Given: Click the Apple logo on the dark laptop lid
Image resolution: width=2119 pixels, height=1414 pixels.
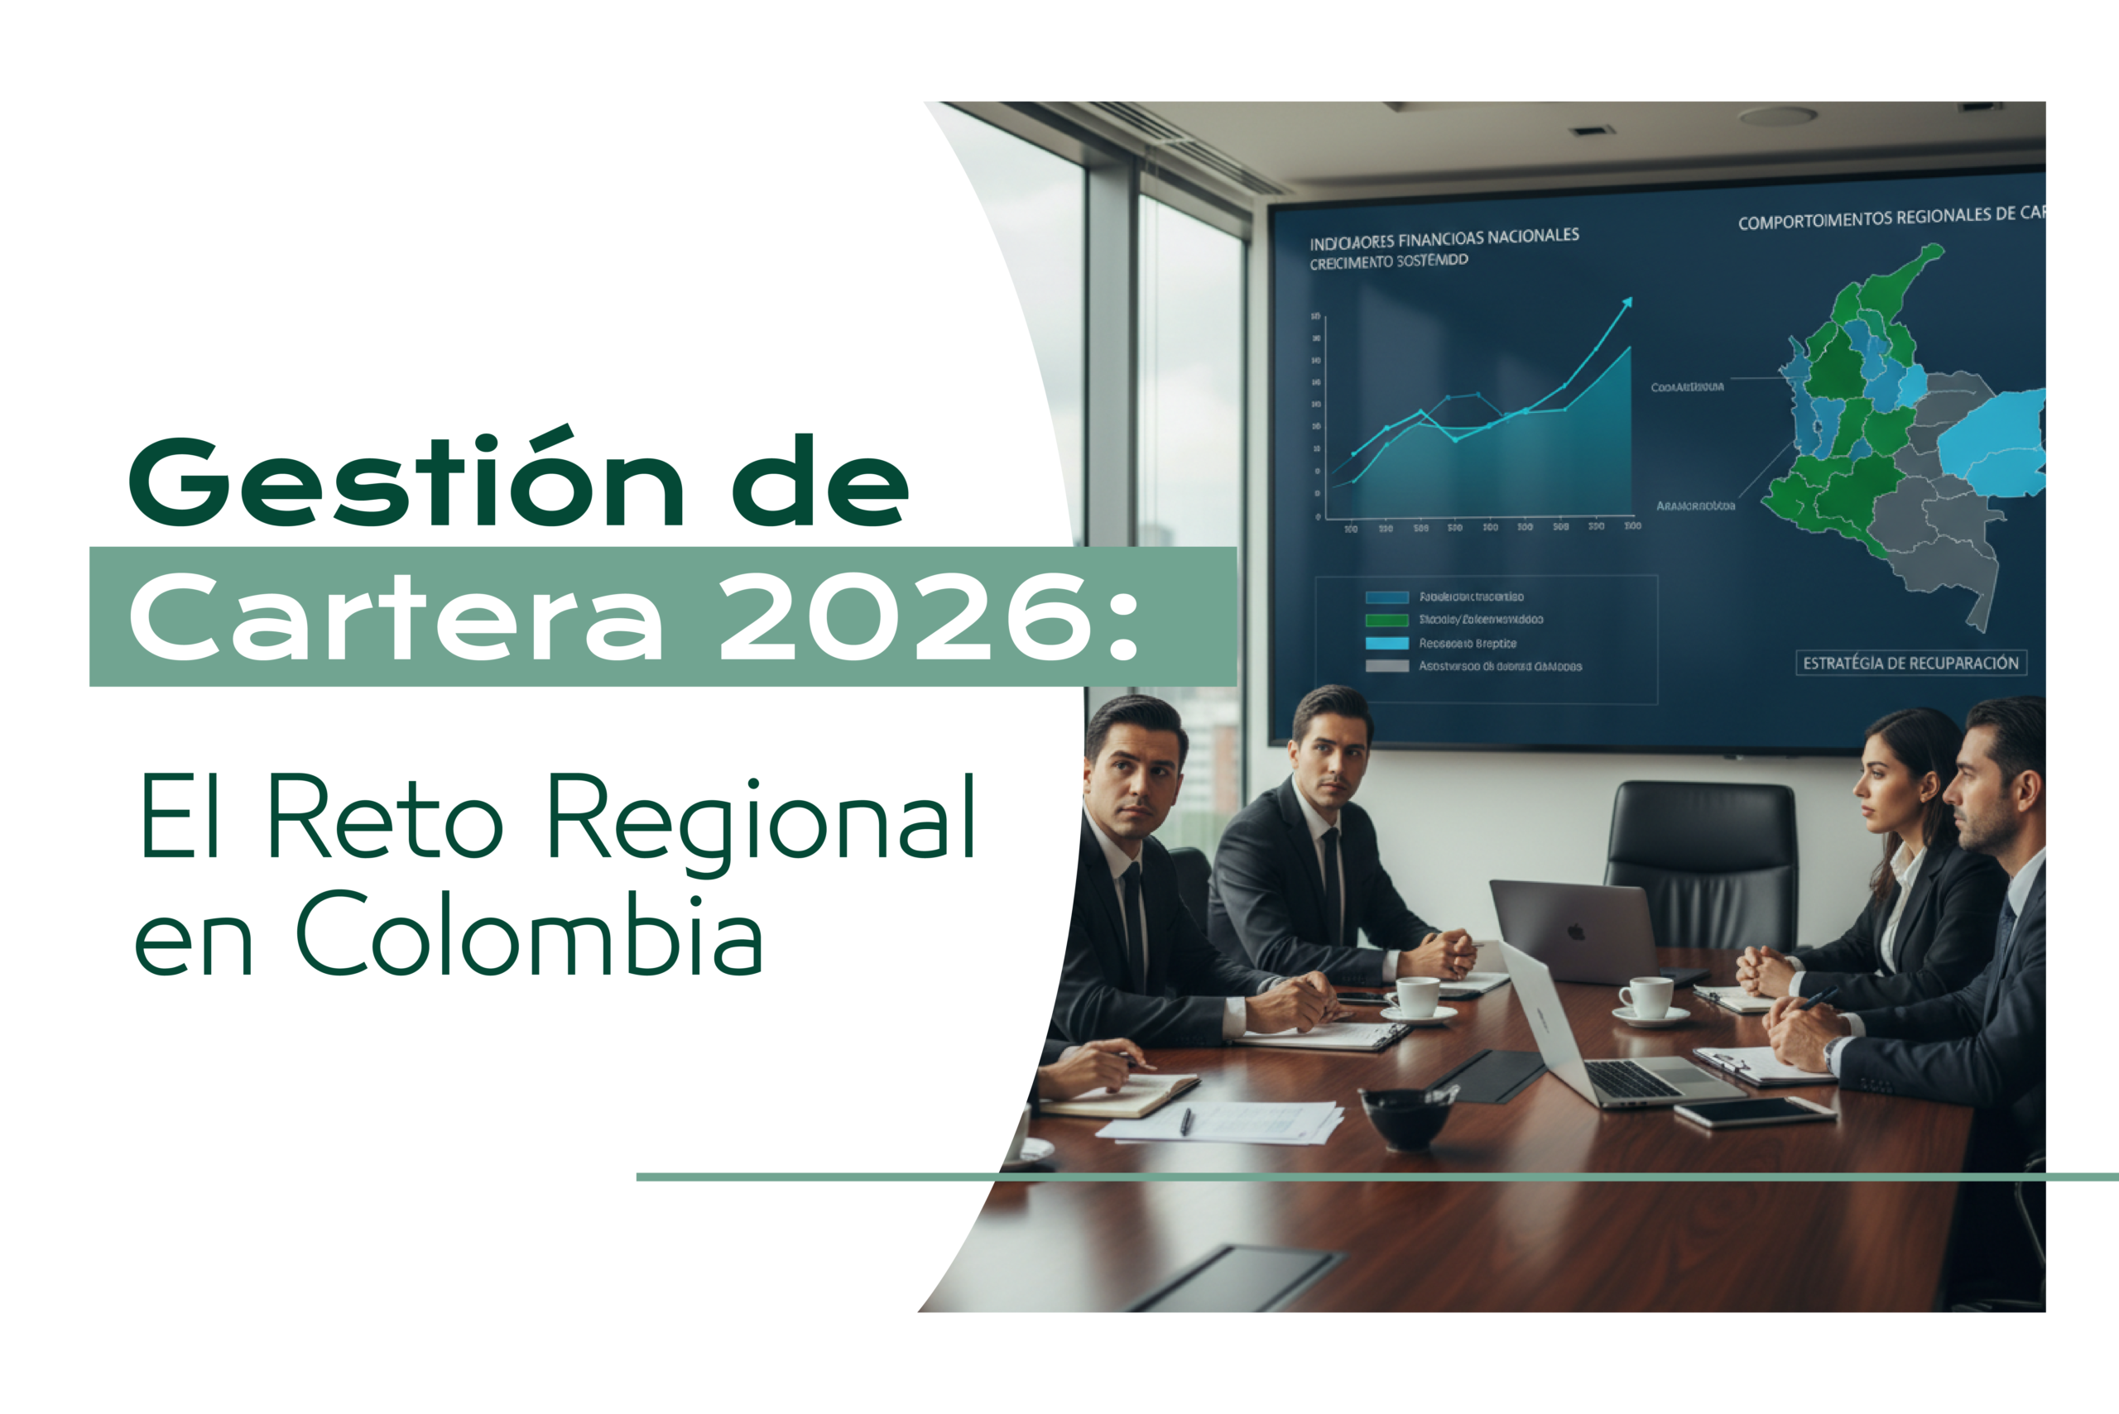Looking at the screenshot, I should [1575, 932].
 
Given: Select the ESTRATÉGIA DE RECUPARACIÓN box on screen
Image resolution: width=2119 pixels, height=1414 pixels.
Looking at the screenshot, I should [1910, 663].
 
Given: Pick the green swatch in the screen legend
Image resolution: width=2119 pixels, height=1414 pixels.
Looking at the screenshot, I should [1386, 621].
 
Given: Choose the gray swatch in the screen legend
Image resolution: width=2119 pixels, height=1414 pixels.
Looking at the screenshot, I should [1386, 666].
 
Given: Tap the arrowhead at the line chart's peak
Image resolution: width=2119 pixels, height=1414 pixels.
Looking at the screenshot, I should [1627, 302].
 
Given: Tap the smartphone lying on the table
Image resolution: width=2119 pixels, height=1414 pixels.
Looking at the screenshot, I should [1755, 1112].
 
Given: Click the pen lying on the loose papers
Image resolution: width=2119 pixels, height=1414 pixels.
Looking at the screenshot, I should [1186, 1121].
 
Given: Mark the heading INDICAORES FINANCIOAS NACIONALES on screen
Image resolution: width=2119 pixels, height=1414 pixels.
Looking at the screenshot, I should [1444, 238].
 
